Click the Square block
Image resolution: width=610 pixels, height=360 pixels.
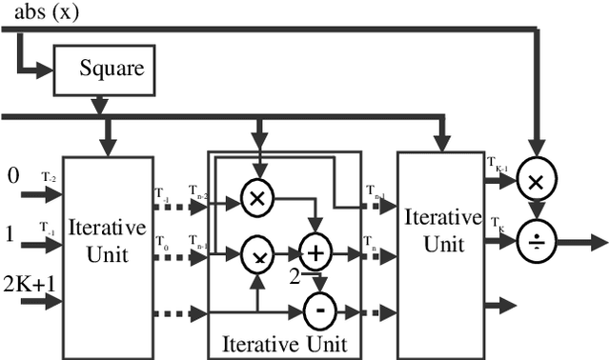coord(99,70)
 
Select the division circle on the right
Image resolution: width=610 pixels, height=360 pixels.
coord(536,244)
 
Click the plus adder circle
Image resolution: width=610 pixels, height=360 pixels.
coord(314,253)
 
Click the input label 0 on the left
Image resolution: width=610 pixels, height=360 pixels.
coord(12,175)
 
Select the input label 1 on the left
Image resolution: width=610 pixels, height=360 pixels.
coord(10,231)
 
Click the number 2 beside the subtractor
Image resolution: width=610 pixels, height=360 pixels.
coord(295,276)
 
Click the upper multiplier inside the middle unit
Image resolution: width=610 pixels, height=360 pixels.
coord(255,197)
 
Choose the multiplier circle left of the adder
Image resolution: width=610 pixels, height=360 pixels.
coord(255,253)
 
